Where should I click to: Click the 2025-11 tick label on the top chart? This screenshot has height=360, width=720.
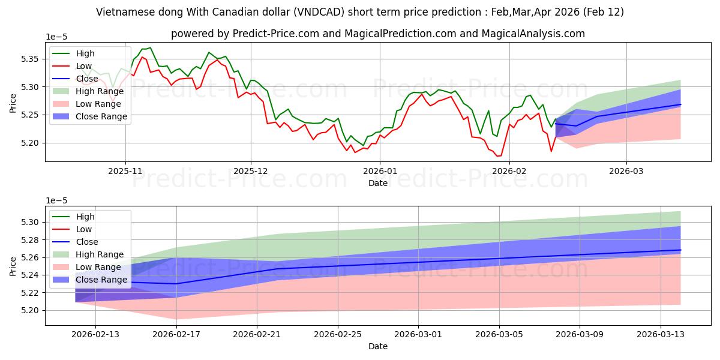125,171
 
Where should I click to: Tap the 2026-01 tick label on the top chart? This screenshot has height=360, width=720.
379,171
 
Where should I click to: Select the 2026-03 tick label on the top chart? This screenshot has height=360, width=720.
626,171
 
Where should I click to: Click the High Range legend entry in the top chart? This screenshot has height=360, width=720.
100,91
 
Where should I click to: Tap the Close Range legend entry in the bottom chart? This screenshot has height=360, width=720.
101,280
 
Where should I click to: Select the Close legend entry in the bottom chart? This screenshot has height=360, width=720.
88,242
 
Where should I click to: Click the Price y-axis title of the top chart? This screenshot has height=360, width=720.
13,103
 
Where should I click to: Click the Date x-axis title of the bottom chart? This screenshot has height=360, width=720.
378,346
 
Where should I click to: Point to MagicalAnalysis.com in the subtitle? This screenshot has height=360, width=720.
537,34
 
